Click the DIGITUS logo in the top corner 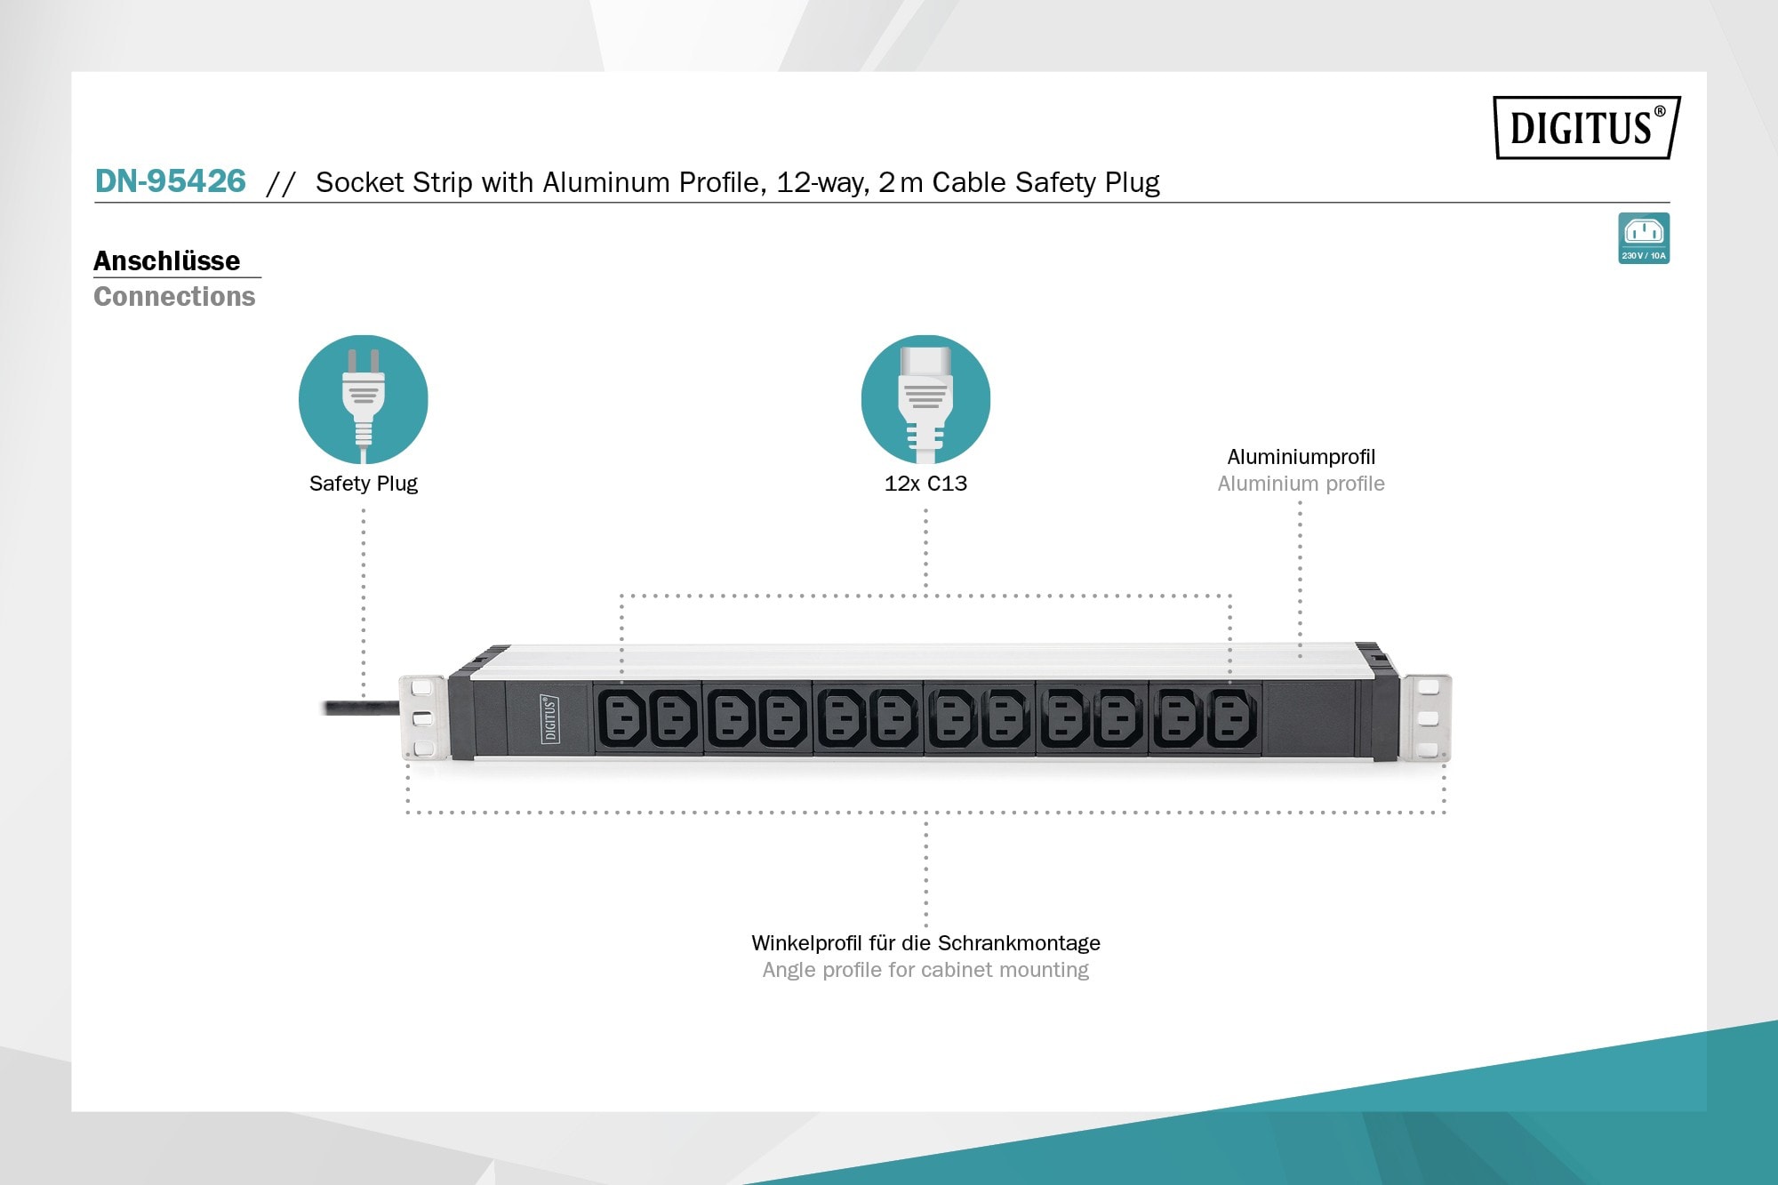[x=1586, y=127]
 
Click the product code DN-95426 [x=170, y=181]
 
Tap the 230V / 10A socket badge [x=1643, y=238]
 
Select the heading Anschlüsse [x=167, y=260]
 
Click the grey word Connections [x=174, y=296]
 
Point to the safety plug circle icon [x=363, y=399]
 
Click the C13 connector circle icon [x=925, y=399]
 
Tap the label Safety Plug [x=363, y=484]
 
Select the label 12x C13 [x=925, y=484]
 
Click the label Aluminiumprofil [x=1301, y=457]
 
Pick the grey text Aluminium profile [x=1301, y=484]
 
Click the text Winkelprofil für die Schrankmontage [x=925, y=943]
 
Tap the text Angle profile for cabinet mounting [x=925, y=970]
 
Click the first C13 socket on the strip [x=621, y=718]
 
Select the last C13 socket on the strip [x=1231, y=718]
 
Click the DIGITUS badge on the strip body [x=550, y=718]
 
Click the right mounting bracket [x=1427, y=717]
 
